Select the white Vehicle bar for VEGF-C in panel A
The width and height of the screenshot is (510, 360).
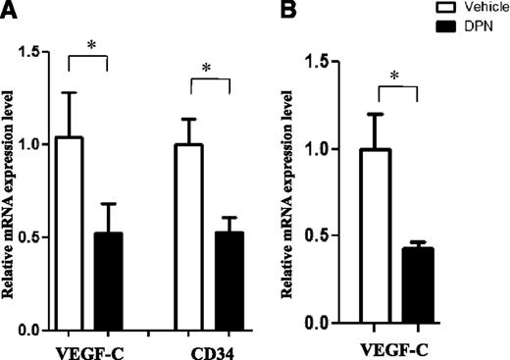[69, 235]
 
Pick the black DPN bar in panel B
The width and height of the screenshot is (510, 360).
[419, 285]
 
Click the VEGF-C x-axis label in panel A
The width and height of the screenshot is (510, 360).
[86, 346]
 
